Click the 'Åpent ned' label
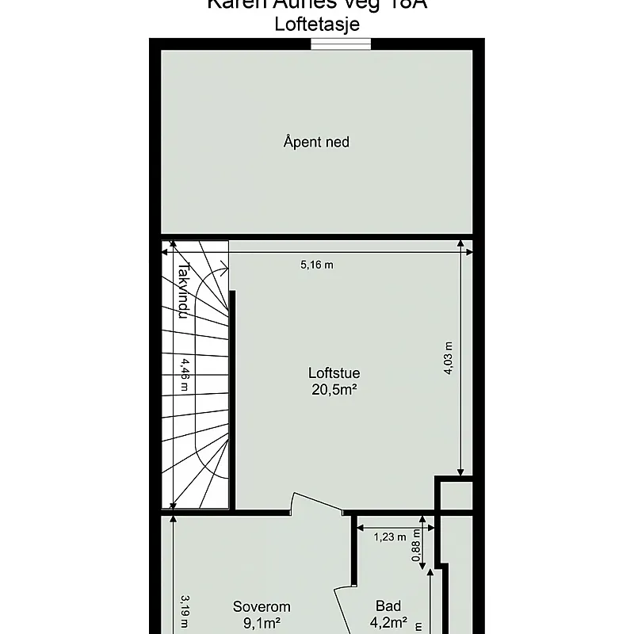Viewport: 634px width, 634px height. point(316,143)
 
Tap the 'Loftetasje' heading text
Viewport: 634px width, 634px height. point(316,25)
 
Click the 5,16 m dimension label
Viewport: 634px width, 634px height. point(316,265)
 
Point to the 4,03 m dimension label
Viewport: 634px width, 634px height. point(448,359)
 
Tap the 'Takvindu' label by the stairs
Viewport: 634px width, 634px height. point(182,291)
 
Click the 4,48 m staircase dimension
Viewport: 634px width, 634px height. point(184,376)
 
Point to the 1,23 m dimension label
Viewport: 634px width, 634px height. point(389,537)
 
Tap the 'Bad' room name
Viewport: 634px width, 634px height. point(388,607)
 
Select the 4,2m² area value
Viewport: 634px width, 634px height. point(388,623)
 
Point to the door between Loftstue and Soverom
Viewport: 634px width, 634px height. point(316,505)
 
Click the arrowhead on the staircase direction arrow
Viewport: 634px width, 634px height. point(226,270)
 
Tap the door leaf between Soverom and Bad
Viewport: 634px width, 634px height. point(342,611)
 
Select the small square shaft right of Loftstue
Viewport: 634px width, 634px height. point(456,495)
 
